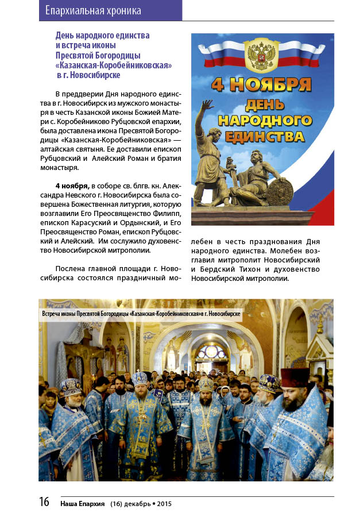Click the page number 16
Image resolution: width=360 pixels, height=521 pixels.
point(44,501)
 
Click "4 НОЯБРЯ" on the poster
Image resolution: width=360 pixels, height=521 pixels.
point(261,84)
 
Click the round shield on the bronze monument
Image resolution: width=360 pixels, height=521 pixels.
point(280,190)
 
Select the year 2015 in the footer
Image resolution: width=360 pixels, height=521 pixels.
point(162,504)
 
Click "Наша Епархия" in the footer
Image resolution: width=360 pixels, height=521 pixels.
point(82,504)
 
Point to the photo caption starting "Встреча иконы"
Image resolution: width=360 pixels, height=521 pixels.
point(141,315)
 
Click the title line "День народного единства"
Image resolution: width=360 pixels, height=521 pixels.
point(102,36)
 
